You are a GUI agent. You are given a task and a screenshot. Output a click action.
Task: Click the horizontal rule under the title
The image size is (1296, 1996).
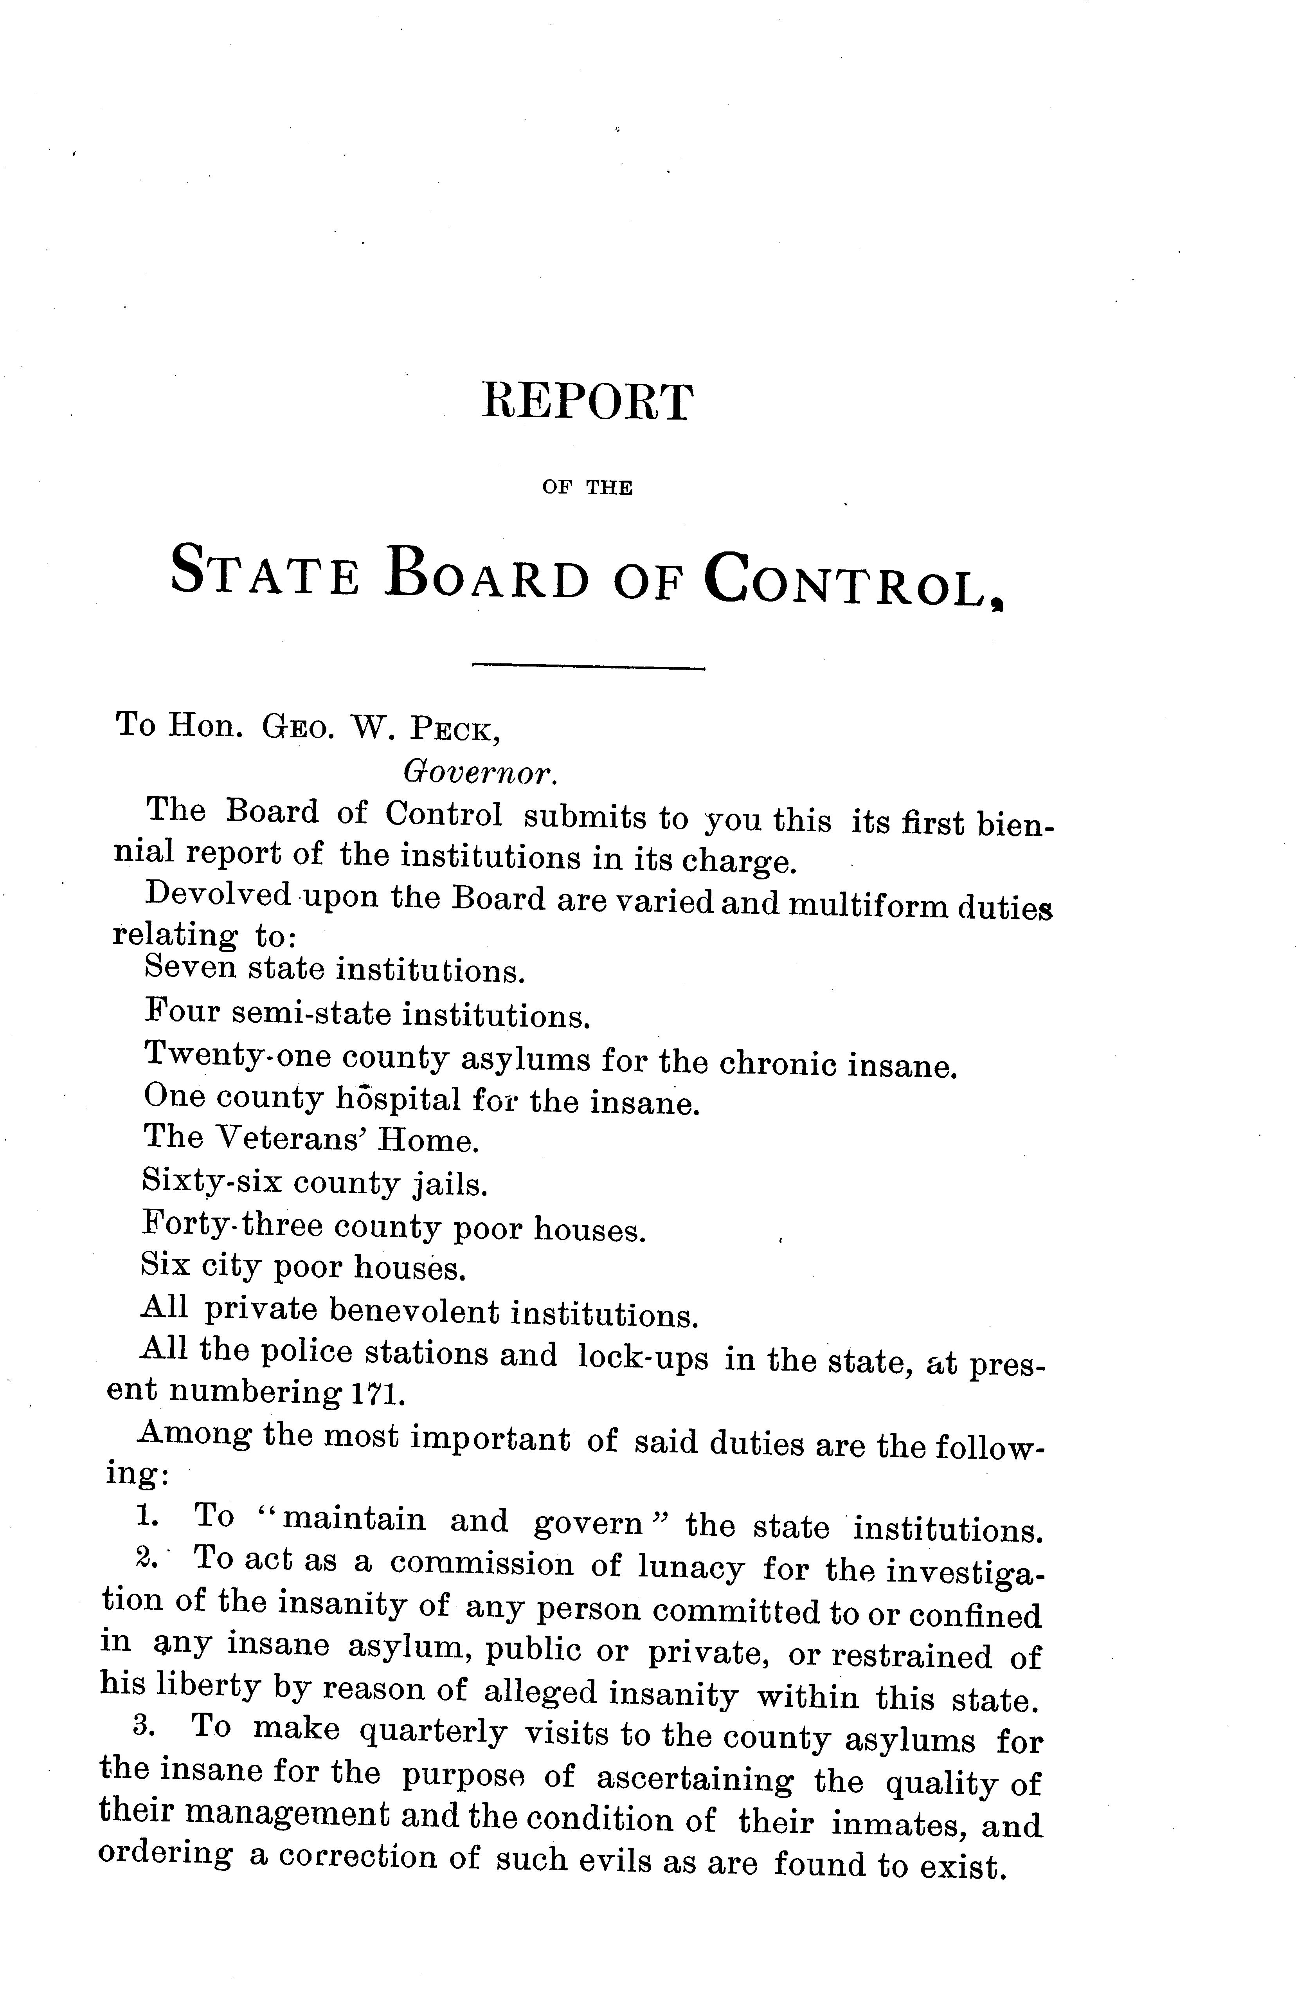[x=589, y=668]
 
